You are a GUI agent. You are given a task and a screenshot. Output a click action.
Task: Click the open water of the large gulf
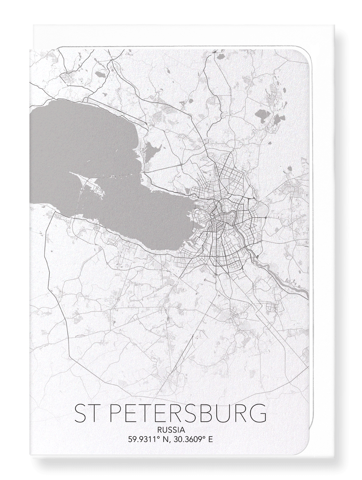(80, 134)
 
